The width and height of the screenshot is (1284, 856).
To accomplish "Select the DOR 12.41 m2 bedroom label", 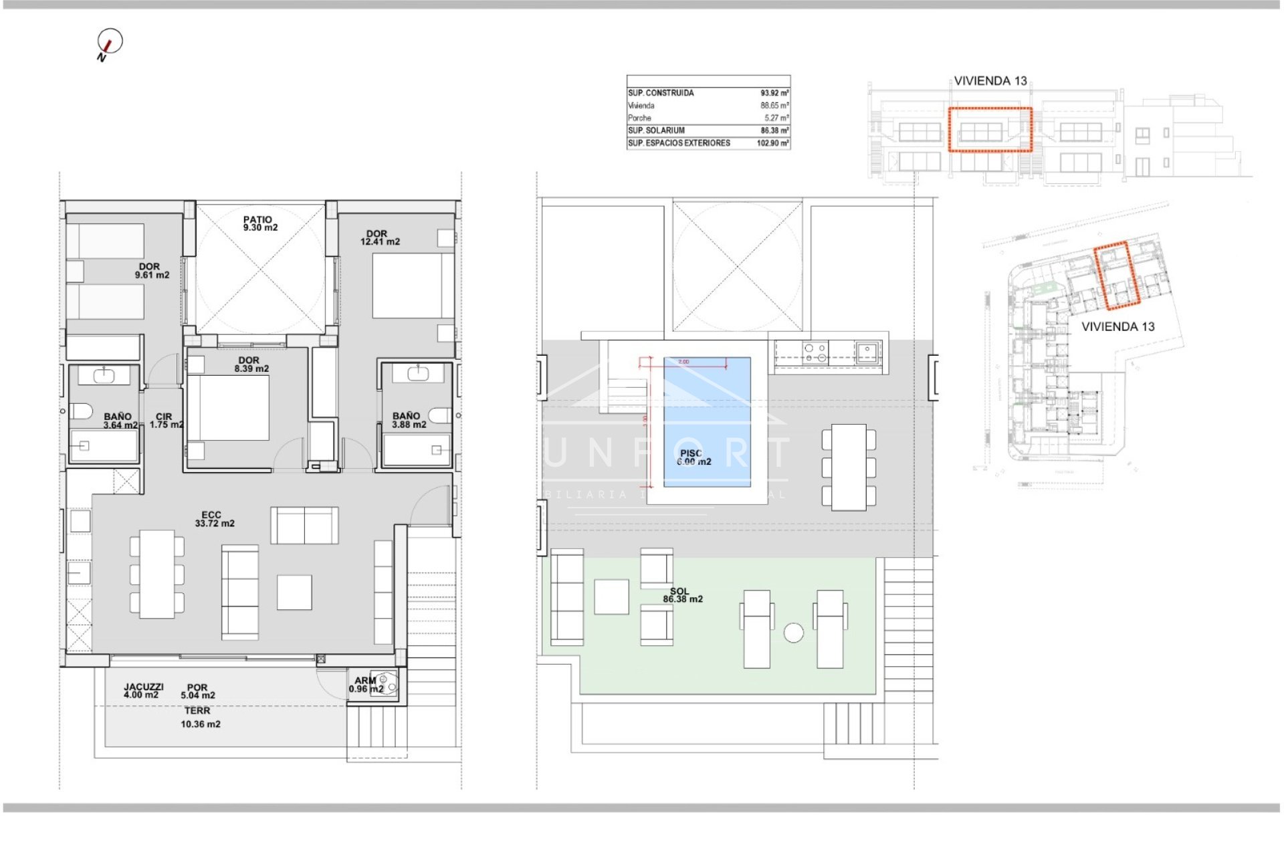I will [379, 238].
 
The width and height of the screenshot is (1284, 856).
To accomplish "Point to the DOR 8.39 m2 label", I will [251, 364].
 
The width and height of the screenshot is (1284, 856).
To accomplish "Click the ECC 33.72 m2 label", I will [214, 520].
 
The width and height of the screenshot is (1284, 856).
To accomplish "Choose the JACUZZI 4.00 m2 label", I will [143, 691].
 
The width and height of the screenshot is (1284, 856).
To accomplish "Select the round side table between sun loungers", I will [793, 633].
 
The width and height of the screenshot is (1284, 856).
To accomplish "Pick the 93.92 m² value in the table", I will [774, 93].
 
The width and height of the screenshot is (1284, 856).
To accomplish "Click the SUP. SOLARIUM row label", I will [656, 130].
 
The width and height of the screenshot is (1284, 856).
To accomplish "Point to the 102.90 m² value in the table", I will [772, 143].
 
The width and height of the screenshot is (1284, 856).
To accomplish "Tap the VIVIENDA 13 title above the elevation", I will [990, 81].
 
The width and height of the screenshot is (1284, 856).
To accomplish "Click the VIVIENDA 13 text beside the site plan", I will [1117, 327].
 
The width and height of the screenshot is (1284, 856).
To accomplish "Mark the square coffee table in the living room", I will [294, 592].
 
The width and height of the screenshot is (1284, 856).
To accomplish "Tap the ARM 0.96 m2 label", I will [366, 685].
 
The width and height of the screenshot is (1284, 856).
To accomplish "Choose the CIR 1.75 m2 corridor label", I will [165, 421].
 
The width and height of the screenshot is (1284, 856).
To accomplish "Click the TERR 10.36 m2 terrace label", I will [199, 718].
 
